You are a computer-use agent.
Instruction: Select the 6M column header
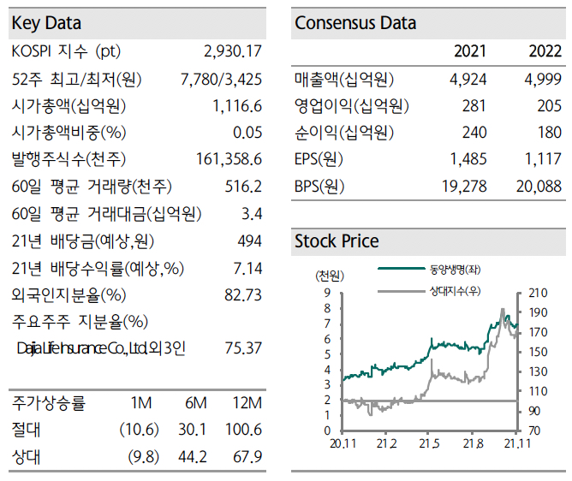pos(195,403)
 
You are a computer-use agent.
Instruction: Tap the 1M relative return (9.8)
pos(144,456)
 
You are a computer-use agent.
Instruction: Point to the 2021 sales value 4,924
pos(468,80)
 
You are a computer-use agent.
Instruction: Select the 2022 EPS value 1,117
pos(543,159)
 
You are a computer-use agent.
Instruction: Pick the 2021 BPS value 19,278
pos(463,186)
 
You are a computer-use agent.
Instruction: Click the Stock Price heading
pos(337,241)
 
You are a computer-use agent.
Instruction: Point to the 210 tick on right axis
pos(539,292)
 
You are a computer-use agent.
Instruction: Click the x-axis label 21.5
pos(429,443)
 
